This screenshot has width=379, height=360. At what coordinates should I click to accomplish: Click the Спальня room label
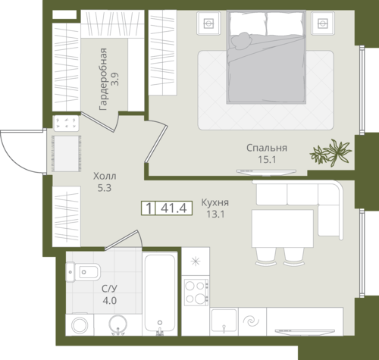click(267, 148)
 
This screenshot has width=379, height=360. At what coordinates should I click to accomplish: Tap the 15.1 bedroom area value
click(267, 160)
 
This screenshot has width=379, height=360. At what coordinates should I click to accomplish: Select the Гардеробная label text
click(103, 80)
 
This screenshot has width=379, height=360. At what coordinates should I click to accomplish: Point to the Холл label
click(105, 176)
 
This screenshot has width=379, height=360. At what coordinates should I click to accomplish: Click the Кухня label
click(215, 202)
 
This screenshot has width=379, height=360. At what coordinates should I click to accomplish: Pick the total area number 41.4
click(174, 208)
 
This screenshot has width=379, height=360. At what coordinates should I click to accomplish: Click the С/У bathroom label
click(109, 289)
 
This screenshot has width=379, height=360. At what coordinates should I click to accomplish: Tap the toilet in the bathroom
click(83, 272)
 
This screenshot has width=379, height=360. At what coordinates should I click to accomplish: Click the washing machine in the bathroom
click(80, 325)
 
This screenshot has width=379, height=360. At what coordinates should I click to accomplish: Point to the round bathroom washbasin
click(118, 324)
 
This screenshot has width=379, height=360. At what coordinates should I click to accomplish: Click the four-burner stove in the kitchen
click(196, 293)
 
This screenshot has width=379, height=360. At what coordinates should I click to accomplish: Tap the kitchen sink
click(224, 321)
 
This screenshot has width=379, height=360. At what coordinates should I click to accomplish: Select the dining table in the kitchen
click(283, 228)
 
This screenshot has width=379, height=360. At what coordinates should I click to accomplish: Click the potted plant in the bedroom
click(330, 152)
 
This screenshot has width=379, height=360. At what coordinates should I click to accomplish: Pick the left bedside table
click(208, 23)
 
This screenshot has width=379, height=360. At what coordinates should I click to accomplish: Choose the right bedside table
click(323, 23)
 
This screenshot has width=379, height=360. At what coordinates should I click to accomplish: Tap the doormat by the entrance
click(66, 154)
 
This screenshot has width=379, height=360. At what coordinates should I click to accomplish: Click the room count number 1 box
click(149, 208)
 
